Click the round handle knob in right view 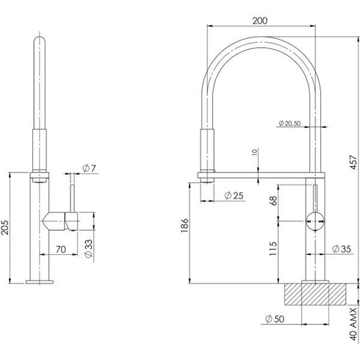point(314,220)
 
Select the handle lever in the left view point(62,219)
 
